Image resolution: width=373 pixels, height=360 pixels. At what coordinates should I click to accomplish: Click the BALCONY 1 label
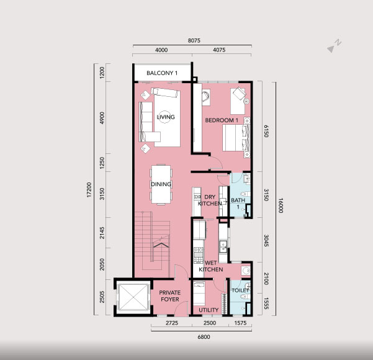pos(162,73)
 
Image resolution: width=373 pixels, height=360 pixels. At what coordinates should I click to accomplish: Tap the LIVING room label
pos(166,117)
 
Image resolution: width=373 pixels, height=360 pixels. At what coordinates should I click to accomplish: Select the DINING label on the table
pos(161,184)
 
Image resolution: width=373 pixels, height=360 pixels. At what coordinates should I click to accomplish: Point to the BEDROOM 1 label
pos(222,120)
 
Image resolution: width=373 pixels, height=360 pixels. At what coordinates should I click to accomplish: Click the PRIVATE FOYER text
pos(170,295)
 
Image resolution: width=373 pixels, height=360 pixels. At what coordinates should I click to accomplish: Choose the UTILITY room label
pos(209,310)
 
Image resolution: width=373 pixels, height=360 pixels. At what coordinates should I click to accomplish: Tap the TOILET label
pos(240,290)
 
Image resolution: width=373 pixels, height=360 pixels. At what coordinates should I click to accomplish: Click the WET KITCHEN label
pos(211,266)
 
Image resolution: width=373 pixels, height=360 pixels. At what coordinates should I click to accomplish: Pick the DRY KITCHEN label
pos(210,200)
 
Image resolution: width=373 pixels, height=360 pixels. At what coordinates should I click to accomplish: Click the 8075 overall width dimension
pos(194,40)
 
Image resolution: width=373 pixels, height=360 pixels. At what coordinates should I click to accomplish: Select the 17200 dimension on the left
pos(89,190)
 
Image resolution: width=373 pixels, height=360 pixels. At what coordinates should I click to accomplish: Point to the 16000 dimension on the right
pos(281,205)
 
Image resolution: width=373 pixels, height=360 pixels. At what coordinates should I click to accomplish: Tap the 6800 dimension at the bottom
pos(204,336)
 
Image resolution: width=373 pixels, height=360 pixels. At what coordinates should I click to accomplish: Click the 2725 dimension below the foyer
pos(172,323)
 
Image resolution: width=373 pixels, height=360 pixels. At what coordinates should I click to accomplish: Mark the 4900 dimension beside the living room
pos(102,118)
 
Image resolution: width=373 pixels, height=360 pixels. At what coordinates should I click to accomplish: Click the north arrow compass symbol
pos(334,46)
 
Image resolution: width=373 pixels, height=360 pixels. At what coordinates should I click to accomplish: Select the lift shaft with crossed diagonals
pos(133,297)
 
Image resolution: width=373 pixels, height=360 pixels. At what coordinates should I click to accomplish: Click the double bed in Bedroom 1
pos(236,138)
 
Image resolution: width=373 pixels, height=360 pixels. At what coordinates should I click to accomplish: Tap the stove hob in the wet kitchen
pos(199,255)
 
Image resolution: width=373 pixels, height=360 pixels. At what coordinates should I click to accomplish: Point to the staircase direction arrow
pos(161,245)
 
